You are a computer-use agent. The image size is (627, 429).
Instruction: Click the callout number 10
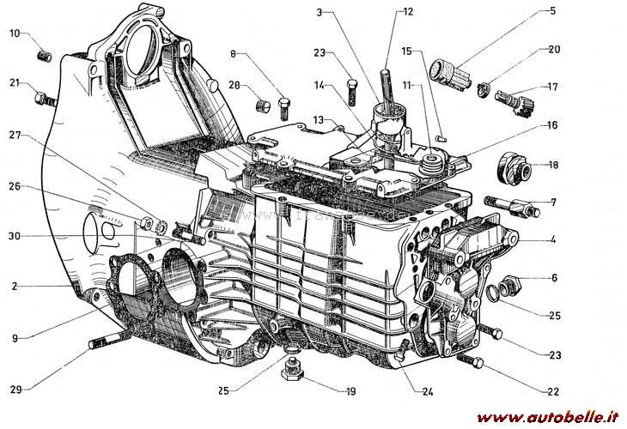(x=15, y=33)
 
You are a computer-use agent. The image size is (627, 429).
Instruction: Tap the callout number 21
(x=15, y=83)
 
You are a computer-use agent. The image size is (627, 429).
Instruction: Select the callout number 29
(x=15, y=389)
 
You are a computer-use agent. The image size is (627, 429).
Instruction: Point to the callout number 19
(x=350, y=391)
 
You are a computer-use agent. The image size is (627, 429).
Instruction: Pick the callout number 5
(x=551, y=12)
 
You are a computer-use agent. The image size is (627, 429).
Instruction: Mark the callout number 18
(x=552, y=165)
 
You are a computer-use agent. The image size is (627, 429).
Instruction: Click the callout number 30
(x=15, y=236)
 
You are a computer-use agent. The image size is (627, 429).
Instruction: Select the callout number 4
(x=552, y=239)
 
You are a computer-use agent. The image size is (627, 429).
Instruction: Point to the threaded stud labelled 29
(x=100, y=344)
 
